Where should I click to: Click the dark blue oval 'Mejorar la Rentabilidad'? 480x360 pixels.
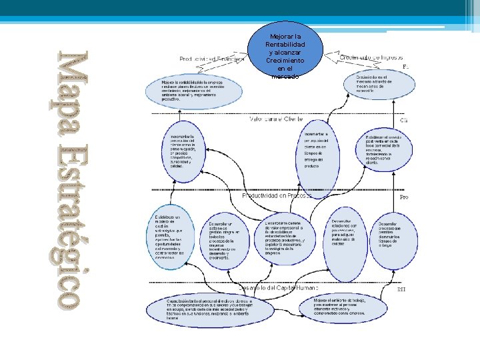point(285,53)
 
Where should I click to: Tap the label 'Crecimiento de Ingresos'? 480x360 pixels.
point(371,57)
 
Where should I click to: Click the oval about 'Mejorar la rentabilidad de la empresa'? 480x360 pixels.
point(194,92)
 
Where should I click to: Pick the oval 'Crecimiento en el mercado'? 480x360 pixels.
point(374,86)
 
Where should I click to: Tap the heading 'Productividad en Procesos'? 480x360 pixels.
point(277,197)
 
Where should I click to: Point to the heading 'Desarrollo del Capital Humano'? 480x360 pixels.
point(279,287)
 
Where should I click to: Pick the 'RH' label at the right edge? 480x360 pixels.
point(401,289)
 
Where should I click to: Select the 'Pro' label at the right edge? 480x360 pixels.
point(403,198)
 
